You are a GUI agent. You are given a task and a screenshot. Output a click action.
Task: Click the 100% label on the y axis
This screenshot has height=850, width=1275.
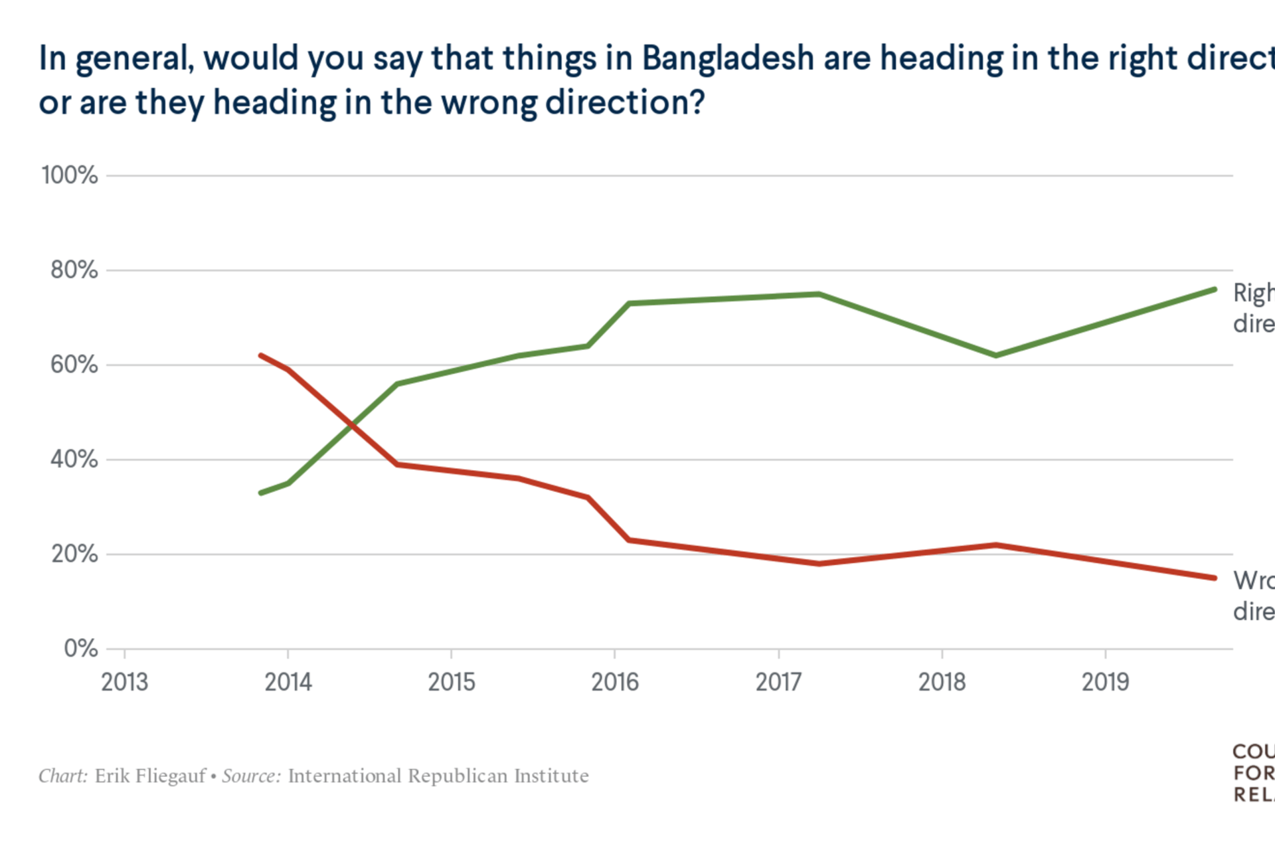click(x=69, y=175)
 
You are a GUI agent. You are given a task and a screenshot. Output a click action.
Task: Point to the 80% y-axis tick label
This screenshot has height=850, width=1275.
click(x=74, y=270)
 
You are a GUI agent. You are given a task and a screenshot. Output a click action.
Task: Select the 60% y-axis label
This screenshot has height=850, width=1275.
click(x=74, y=365)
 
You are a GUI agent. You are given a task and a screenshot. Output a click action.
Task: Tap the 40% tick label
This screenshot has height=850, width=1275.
click(x=74, y=459)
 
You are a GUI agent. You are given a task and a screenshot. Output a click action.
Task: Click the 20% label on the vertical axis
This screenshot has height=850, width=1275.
click(x=74, y=554)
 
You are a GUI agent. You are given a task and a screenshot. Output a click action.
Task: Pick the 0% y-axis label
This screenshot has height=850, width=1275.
click(x=80, y=648)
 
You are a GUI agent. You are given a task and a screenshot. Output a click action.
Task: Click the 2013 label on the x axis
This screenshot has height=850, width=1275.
click(x=124, y=682)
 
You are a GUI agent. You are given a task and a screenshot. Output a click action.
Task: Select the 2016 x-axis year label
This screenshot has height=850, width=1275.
click(x=615, y=682)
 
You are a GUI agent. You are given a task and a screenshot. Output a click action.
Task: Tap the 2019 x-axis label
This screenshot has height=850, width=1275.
click(x=1105, y=682)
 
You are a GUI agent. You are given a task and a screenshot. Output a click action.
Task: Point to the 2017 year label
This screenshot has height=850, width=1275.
click(x=778, y=682)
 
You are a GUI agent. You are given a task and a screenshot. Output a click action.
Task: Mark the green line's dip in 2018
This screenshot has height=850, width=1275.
click(x=996, y=355)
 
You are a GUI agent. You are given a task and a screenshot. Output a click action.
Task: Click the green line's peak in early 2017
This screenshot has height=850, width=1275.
click(x=818, y=294)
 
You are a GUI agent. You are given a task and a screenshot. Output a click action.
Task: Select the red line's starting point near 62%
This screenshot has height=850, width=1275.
click(x=260, y=355)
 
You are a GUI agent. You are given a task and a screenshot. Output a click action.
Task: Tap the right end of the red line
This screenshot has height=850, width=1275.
click(x=1215, y=578)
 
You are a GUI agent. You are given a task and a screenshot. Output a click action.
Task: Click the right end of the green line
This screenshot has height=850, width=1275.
click(x=1215, y=290)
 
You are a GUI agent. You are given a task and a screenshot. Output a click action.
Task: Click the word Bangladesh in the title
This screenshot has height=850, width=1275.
click(x=728, y=58)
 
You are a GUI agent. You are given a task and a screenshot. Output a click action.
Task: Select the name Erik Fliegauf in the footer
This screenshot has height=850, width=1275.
click(x=150, y=776)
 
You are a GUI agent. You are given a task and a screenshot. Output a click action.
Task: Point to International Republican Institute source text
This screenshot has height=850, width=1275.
click(x=438, y=776)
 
